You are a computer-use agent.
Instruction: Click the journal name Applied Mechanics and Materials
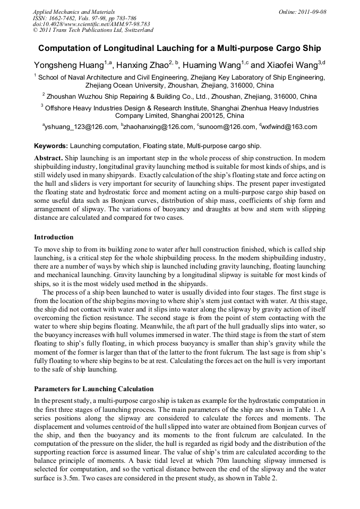click(74, 11)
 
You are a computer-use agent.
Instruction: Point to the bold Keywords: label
click(51, 146)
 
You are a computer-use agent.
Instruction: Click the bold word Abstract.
click(48, 159)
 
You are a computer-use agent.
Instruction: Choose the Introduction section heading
click(54, 237)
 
